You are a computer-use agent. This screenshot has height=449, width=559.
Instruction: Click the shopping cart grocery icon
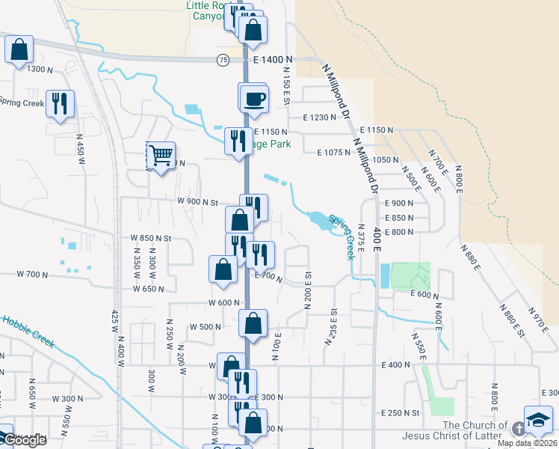[161, 156]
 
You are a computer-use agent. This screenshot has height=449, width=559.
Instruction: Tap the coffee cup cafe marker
[255, 99]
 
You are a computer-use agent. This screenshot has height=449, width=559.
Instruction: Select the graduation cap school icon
[538, 421]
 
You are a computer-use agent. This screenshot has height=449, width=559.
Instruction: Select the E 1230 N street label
[327, 117]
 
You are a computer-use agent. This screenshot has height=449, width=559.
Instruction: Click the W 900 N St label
[197, 202]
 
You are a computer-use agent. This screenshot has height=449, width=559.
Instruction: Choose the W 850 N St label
[152, 238]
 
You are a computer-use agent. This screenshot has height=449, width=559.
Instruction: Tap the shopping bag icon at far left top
[19, 50]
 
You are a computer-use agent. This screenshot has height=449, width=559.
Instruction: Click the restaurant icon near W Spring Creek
[59, 103]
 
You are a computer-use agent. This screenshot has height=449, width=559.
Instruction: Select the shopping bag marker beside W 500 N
[253, 324]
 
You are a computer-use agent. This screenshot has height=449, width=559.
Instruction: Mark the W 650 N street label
[148, 289]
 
